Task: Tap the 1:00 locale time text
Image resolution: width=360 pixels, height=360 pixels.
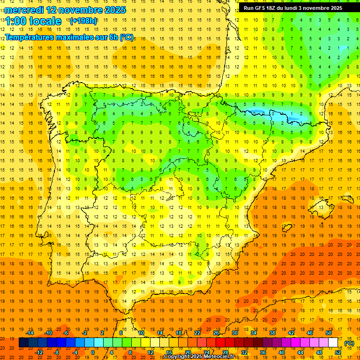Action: pos(33,21)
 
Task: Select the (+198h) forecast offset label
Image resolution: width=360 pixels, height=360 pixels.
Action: pos(83,21)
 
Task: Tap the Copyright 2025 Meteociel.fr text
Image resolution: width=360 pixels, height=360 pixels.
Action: pos(199,357)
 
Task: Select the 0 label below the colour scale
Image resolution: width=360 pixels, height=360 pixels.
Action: pos(93,352)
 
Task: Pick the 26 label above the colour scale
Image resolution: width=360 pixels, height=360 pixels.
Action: pos(216,333)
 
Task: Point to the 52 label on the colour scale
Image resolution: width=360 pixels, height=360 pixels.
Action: pos(338,352)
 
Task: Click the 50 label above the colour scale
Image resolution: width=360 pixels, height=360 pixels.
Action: pos(329,333)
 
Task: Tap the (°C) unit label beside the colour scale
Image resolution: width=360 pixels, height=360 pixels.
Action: pos(349,343)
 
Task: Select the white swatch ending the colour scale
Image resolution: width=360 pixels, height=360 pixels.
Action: pos(333,343)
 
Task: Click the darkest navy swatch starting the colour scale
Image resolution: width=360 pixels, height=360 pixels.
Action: pos(23,343)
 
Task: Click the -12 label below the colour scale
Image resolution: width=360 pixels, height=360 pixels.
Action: pos(39,352)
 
